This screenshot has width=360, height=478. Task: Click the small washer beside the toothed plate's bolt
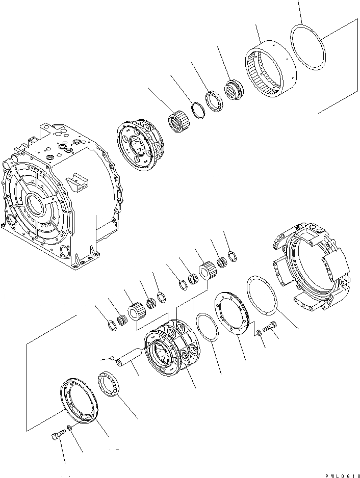(260, 333)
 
